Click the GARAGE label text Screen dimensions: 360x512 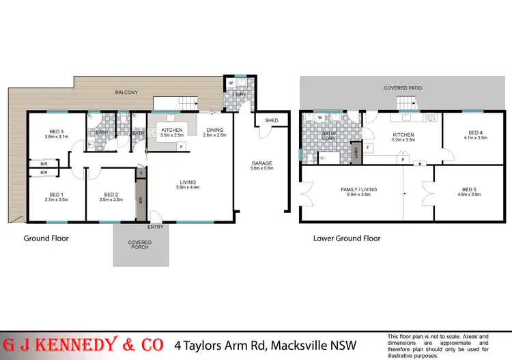point(261,163)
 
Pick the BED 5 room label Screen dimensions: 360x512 point(472,189)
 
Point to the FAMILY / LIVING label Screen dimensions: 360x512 point(359,189)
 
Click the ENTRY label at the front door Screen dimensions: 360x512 point(155,227)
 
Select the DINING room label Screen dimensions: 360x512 point(214,129)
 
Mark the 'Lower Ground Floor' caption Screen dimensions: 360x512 point(347,238)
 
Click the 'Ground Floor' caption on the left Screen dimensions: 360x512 point(46,238)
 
